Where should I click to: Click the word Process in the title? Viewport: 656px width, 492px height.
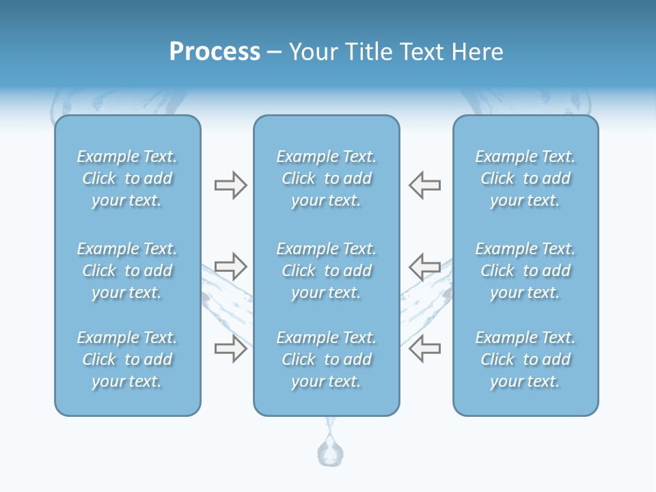point(215,52)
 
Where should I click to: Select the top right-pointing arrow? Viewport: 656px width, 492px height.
point(230,184)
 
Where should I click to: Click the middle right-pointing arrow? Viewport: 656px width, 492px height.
point(230,266)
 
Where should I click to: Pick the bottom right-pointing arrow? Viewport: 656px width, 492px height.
point(230,348)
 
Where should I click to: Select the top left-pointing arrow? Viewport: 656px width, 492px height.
point(425,184)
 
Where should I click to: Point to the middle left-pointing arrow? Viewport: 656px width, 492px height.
point(425,266)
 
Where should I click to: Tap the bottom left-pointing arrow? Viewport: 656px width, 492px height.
point(425,348)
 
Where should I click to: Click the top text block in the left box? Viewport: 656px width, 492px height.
point(127,178)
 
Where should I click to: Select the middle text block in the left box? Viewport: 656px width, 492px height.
point(127,271)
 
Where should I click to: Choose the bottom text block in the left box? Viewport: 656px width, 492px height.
point(127,359)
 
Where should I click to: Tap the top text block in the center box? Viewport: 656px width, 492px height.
point(327,178)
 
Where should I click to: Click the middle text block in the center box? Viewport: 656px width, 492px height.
point(327,271)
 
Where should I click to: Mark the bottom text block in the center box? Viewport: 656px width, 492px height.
point(327,359)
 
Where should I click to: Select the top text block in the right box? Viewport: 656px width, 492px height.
point(525,178)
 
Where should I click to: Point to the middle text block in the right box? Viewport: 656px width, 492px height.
point(525,271)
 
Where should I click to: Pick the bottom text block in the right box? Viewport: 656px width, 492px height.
point(525,359)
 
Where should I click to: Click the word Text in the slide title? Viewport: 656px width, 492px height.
point(420,52)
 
